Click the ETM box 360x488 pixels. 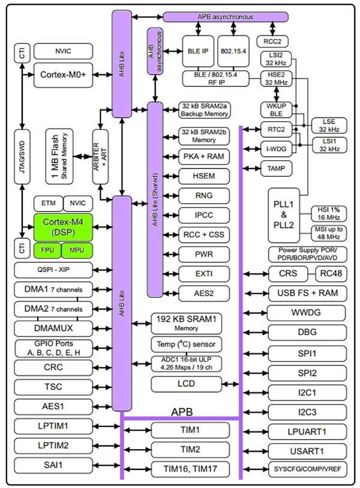[47, 203]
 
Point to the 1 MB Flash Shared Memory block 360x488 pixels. [59, 156]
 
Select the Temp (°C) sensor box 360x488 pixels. [186, 345]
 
